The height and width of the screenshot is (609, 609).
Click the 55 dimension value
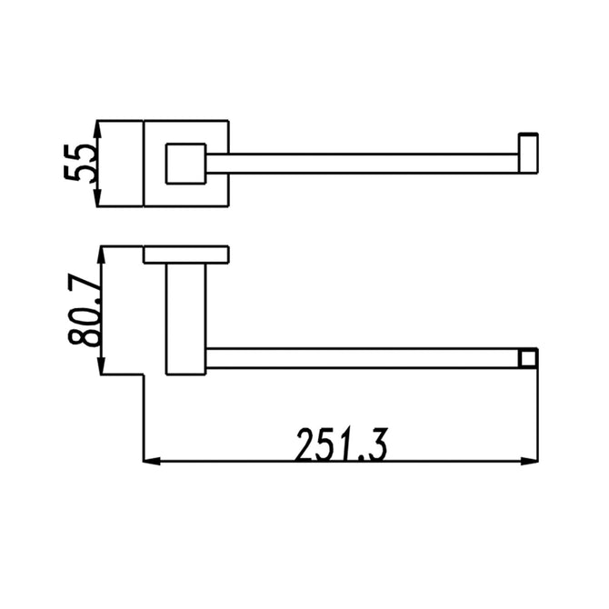pyautogui.click(x=80, y=163)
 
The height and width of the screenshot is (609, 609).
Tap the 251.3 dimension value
pyautogui.click(x=342, y=444)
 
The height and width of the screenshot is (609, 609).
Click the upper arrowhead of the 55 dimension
pyautogui.click(x=98, y=130)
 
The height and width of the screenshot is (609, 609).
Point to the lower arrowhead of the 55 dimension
pyautogui.click(x=98, y=197)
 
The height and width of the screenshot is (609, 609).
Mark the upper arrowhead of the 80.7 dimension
pyautogui.click(x=102, y=255)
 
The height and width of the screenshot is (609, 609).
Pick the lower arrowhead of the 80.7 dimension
pyautogui.click(x=102, y=365)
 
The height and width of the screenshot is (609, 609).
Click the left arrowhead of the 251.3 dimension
pyautogui.click(x=153, y=462)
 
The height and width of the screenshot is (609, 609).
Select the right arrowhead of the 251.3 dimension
pyautogui.click(x=529, y=462)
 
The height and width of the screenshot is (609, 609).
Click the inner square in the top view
pyautogui.click(x=186, y=164)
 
